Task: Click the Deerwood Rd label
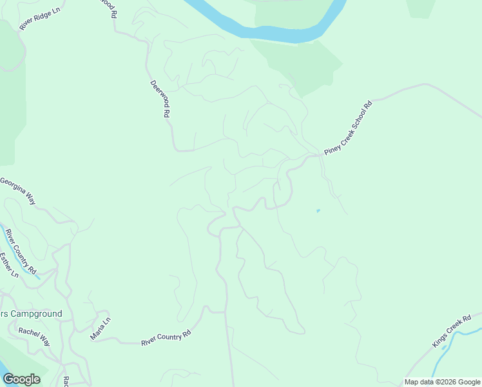click(x=160, y=98)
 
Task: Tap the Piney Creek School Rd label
click(x=349, y=127)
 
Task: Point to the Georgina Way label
click(x=19, y=190)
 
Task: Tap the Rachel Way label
click(x=34, y=335)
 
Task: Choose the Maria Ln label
click(x=101, y=328)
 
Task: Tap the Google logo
click(x=21, y=379)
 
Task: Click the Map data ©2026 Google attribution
click(x=442, y=382)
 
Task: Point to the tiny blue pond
click(x=318, y=210)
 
